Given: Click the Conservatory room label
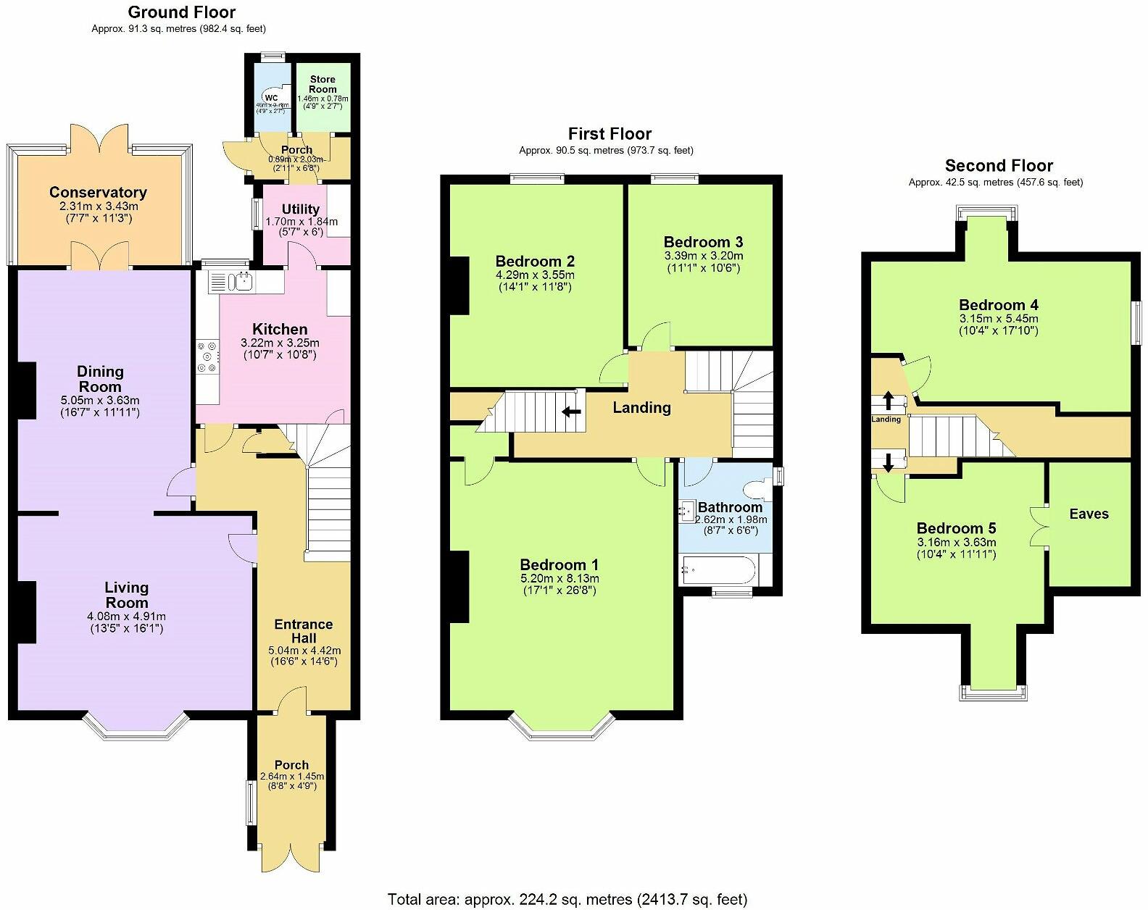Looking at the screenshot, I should [x=98, y=193].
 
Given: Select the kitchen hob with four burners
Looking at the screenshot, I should [x=207, y=357].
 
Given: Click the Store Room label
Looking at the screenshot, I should [x=323, y=84].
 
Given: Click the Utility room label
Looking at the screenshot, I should [x=300, y=209].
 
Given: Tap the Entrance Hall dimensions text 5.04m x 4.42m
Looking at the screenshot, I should [x=304, y=651].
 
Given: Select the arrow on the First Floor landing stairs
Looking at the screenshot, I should [x=572, y=412].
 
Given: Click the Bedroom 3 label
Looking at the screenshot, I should [x=703, y=242].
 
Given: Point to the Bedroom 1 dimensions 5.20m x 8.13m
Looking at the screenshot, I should [x=560, y=578].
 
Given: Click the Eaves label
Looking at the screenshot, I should [x=1089, y=514].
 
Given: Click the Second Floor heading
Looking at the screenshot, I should [x=998, y=165].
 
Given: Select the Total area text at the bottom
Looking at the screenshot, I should [x=567, y=899].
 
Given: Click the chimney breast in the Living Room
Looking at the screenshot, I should [x=26, y=611].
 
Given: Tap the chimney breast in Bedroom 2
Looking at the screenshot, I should [x=458, y=285].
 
